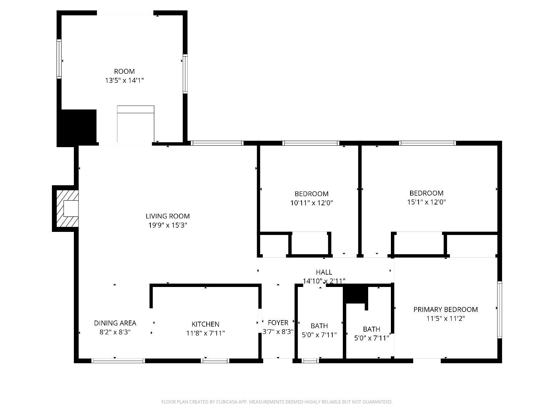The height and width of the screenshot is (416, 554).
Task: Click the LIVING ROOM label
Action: pos(167,216)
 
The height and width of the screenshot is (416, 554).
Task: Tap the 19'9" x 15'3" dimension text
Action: pos(167,225)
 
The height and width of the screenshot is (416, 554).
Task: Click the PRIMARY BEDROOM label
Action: pos(446,309)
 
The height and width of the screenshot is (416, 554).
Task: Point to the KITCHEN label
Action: pos(205,324)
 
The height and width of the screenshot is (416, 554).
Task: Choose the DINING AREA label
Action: pos(115,323)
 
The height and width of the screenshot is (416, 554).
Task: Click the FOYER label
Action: pos(278,322)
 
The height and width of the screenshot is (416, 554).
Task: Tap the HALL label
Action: pos(324,272)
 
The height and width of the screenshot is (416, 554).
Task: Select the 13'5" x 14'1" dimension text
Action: pos(124,81)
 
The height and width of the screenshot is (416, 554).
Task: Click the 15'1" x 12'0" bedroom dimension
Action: pos(426,202)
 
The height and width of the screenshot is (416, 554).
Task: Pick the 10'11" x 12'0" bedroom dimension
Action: pos(311,203)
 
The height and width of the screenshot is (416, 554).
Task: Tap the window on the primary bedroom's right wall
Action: pos(499,310)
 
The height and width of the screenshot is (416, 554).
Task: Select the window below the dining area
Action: pos(118,361)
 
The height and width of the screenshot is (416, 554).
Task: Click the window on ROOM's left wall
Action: pos(59,59)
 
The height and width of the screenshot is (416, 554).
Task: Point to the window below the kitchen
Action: pos(215,361)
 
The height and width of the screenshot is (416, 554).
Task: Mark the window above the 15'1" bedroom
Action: pos(427,143)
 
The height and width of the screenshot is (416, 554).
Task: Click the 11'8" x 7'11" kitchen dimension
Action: pos(205,333)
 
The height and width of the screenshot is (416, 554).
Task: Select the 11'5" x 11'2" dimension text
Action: pos(446,319)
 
